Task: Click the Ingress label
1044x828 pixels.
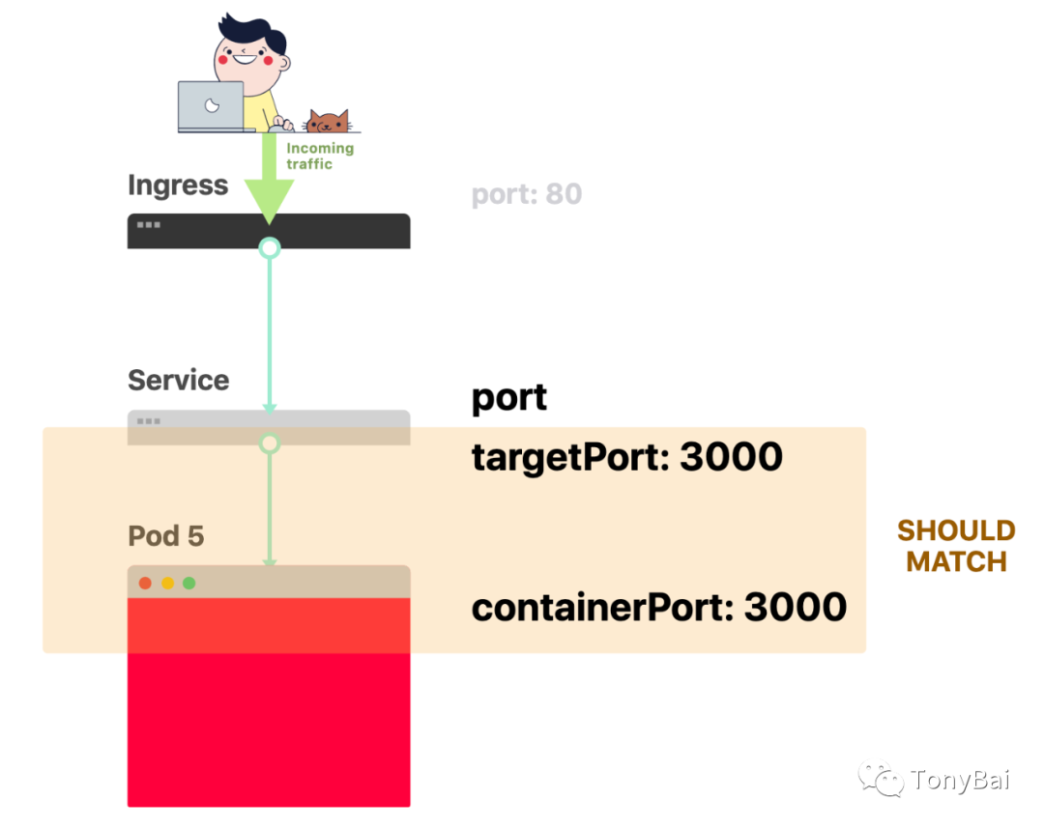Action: pos(178,186)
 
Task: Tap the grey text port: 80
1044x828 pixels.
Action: pos(527,194)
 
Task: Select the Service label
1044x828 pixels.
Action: pos(179,380)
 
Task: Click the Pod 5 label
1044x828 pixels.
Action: pos(166,536)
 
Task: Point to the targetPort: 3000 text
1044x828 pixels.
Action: pos(627,459)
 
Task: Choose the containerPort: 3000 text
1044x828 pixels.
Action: pos(659,608)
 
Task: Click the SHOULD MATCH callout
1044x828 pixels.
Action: pos(956,546)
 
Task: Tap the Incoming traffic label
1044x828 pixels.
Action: pos(320,156)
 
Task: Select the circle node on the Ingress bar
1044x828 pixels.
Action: pos(269,248)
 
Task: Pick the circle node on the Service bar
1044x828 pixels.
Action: pos(269,443)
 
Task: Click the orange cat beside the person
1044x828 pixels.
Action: pos(327,121)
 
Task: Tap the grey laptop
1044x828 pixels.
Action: pos(212,106)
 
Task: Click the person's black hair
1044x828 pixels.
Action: pos(251,33)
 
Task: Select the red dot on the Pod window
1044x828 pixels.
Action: pos(145,583)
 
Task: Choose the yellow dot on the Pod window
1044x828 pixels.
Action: pos(168,583)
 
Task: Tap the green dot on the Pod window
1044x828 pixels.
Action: pos(189,583)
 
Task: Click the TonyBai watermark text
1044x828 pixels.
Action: pos(960,780)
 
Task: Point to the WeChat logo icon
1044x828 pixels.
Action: pos(881,778)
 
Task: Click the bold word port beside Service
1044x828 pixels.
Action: pos(509,399)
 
